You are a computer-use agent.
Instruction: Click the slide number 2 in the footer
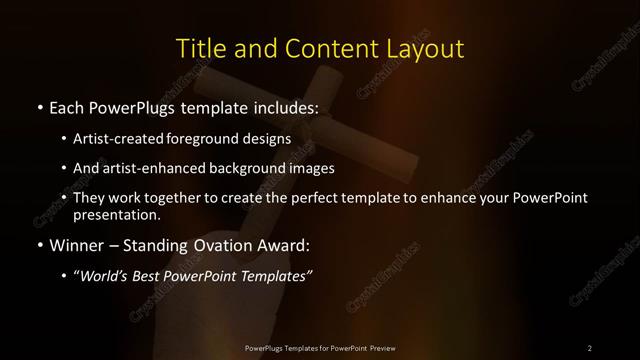point(590,348)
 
